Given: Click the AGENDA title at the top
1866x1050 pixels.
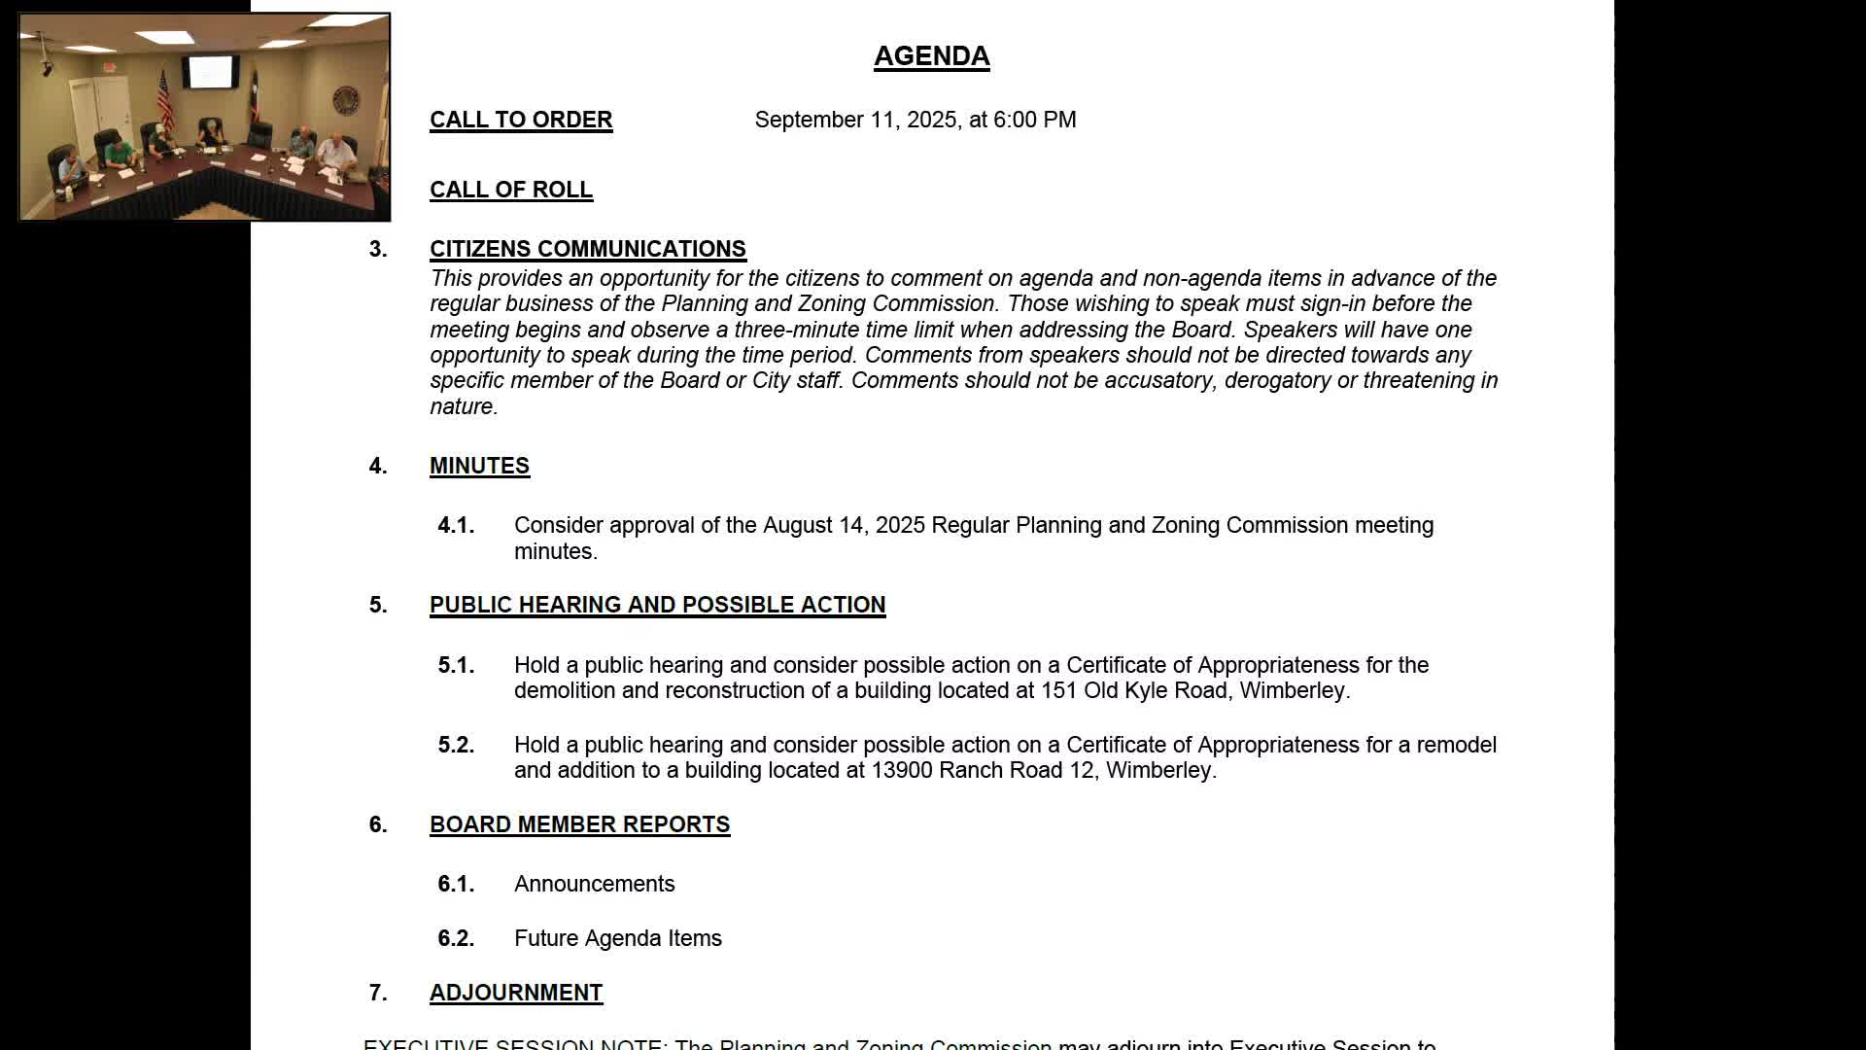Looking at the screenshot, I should click(931, 56).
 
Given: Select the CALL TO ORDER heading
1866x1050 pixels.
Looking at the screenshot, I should click(521, 120).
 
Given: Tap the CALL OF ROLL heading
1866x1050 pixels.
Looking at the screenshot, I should click(511, 190).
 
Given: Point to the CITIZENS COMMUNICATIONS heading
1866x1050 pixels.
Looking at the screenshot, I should click(587, 249).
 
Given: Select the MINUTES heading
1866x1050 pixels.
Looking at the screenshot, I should click(479, 466).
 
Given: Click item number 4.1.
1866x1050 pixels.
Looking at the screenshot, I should click(456, 526).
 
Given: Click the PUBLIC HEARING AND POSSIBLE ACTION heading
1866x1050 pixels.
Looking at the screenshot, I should click(657, 605).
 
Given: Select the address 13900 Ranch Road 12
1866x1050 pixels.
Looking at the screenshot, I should click(983, 771).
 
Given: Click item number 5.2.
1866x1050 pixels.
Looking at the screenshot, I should click(456, 746).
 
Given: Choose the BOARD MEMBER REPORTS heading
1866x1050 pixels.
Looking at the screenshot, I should click(579, 824).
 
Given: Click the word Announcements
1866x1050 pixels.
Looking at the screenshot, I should click(594, 884).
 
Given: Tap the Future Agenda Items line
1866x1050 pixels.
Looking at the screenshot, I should click(617, 938).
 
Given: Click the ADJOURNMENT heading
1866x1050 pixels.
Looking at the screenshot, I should click(516, 993).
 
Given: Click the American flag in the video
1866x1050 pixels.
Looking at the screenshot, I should click(164, 97).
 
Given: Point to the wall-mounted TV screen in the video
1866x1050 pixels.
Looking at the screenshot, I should click(211, 72).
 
